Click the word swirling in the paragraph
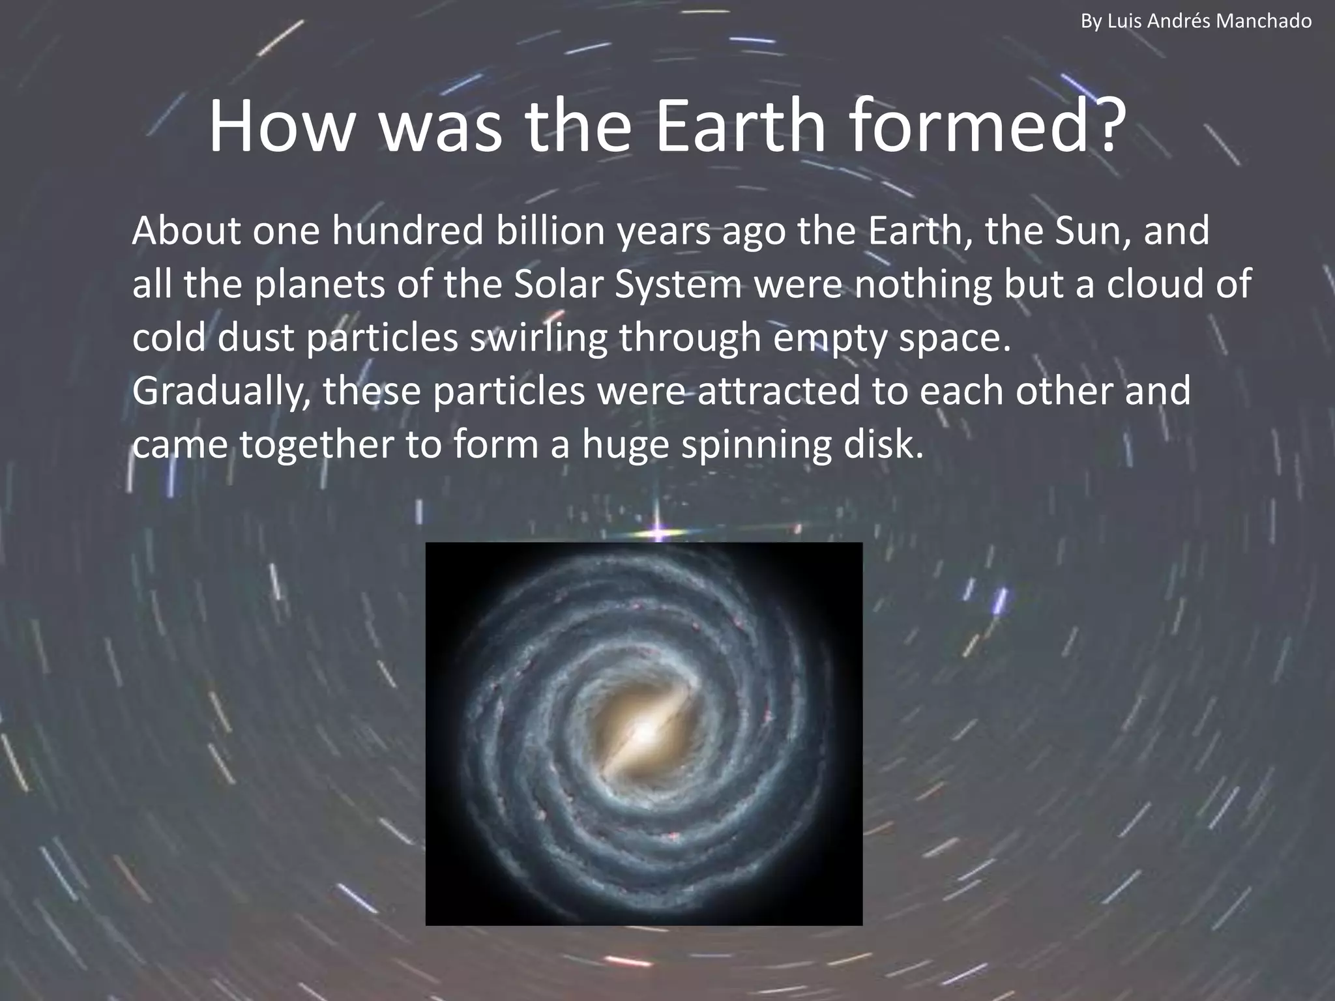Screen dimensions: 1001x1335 click(x=538, y=339)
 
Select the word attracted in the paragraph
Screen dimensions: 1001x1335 click(x=779, y=391)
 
